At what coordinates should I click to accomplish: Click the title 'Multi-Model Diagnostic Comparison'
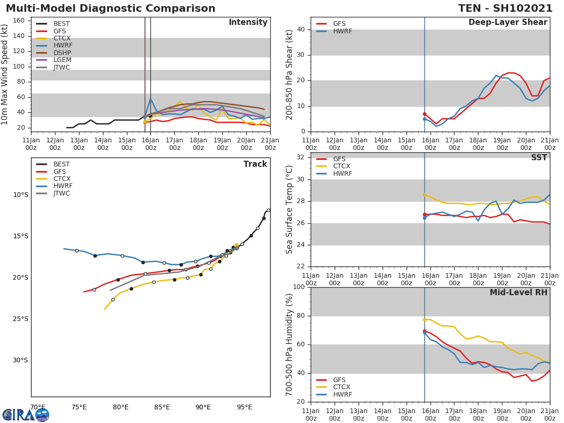click(x=110, y=8)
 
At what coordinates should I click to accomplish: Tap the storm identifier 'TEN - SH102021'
click(x=506, y=8)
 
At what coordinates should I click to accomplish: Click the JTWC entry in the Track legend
click(x=61, y=193)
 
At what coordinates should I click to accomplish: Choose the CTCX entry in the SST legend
click(x=341, y=166)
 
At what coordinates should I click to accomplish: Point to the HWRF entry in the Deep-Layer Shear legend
click(x=342, y=31)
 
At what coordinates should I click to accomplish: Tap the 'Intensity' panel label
click(x=248, y=23)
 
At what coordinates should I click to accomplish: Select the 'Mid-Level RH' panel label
click(x=518, y=293)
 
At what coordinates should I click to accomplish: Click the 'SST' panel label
click(x=539, y=158)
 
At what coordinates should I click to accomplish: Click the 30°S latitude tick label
click(x=21, y=360)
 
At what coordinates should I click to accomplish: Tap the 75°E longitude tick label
click(x=79, y=407)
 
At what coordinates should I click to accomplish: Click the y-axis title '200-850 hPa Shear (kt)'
click(x=290, y=74)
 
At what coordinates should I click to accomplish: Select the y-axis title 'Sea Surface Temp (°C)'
click(x=290, y=210)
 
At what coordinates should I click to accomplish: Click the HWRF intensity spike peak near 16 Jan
click(x=151, y=99)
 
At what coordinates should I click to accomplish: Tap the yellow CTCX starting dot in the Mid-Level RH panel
click(x=424, y=320)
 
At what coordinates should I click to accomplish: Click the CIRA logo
click(x=26, y=415)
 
